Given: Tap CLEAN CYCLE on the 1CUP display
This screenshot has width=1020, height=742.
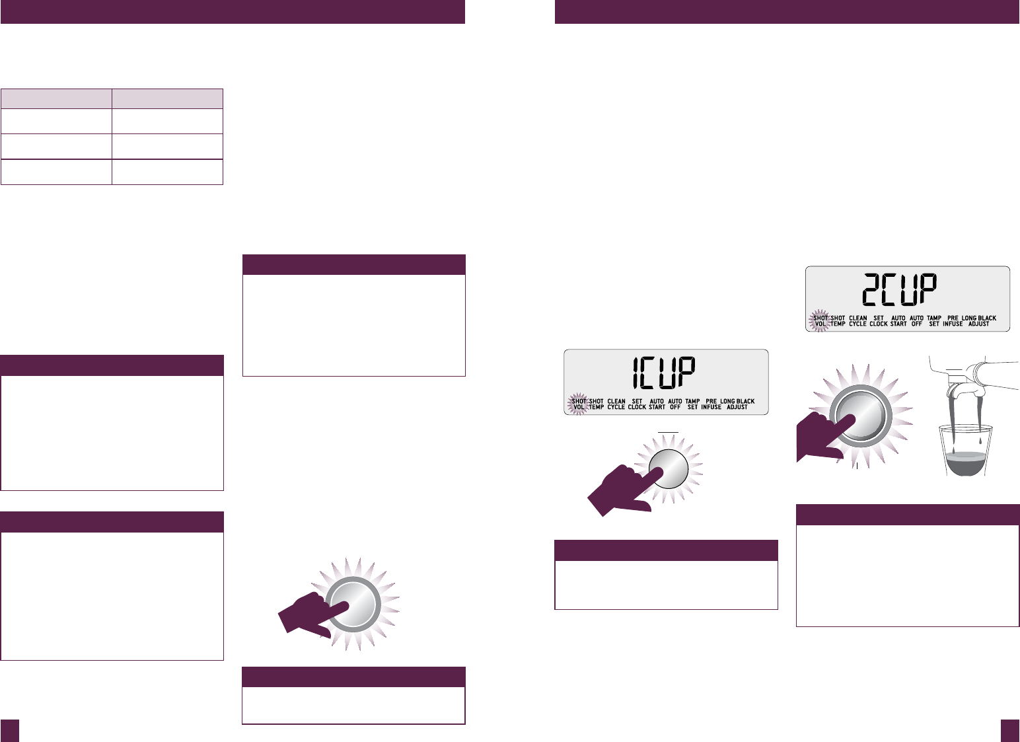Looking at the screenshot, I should pyautogui.click(x=616, y=404).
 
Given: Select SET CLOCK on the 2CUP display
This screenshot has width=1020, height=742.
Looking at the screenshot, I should pyautogui.click(x=879, y=321).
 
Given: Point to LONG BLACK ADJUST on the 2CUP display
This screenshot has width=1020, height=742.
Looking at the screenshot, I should pyautogui.click(x=979, y=321).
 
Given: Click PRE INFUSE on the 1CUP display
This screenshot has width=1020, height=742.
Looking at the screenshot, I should pyautogui.click(x=711, y=404).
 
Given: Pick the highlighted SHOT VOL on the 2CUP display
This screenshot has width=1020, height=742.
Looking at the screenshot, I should pyautogui.click(x=820, y=321).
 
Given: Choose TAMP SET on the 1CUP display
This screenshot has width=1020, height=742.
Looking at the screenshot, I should pyautogui.click(x=692, y=404).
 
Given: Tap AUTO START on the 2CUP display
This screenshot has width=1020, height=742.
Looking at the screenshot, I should pyautogui.click(x=898, y=321).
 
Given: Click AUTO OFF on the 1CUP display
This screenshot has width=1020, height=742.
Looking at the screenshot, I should pyautogui.click(x=675, y=404).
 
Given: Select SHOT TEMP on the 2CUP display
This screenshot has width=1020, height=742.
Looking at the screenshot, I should pyautogui.click(x=838, y=321).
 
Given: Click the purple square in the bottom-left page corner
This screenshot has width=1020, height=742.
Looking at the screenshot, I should pyautogui.click(x=10, y=730).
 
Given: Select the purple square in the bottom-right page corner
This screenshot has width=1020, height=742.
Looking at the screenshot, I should pyautogui.click(x=1009, y=730).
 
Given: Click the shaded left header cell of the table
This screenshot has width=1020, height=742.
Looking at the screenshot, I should pyautogui.click(x=56, y=98).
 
